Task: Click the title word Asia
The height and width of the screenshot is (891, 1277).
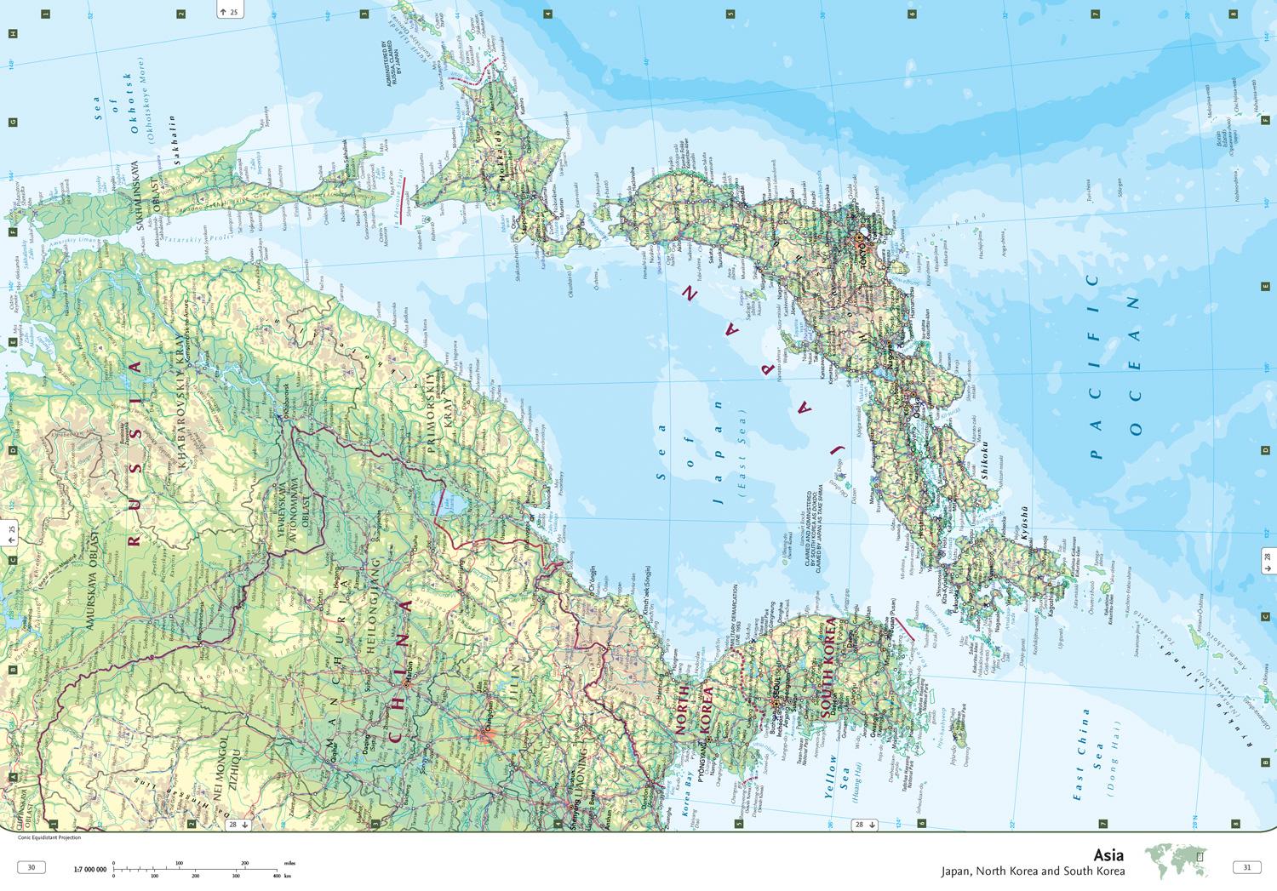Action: tap(1108, 855)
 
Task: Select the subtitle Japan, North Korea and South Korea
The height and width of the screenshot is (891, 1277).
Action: tap(1033, 871)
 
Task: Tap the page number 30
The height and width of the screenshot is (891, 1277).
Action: tap(31, 867)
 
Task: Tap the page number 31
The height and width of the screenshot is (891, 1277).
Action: tap(1246, 867)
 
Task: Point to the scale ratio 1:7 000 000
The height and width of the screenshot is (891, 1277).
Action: tap(90, 869)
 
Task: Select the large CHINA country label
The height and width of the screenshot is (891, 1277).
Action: tap(400, 672)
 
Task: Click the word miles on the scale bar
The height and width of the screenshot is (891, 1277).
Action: tap(289, 863)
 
